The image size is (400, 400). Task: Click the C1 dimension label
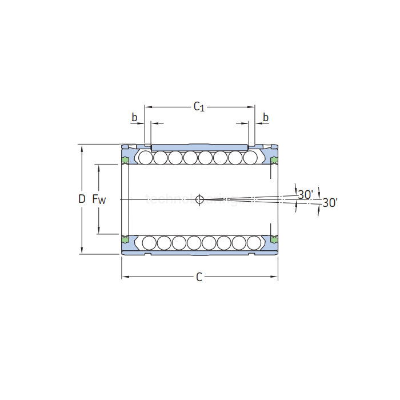click(x=199, y=106)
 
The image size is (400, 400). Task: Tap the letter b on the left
click(x=135, y=118)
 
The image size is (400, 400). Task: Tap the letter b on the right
click(x=266, y=118)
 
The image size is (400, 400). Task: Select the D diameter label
click(x=82, y=199)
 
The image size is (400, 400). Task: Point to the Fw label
click(x=99, y=199)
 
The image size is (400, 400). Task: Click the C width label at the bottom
click(x=199, y=277)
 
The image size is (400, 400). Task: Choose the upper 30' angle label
click(x=305, y=194)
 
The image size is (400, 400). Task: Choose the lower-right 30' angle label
click(x=330, y=202)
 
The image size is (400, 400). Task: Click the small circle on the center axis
click(x=199, y=199)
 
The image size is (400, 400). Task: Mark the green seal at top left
click(x=125, y=159)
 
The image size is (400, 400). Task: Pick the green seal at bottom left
click(x=125, y=239)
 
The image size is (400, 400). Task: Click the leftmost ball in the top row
click(x=145, y=157)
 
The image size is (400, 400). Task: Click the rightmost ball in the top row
click(x=250, y=157)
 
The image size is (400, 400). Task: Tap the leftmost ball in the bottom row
click(x=149, y=242)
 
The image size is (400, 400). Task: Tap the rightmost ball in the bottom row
click(x=254, y=242)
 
